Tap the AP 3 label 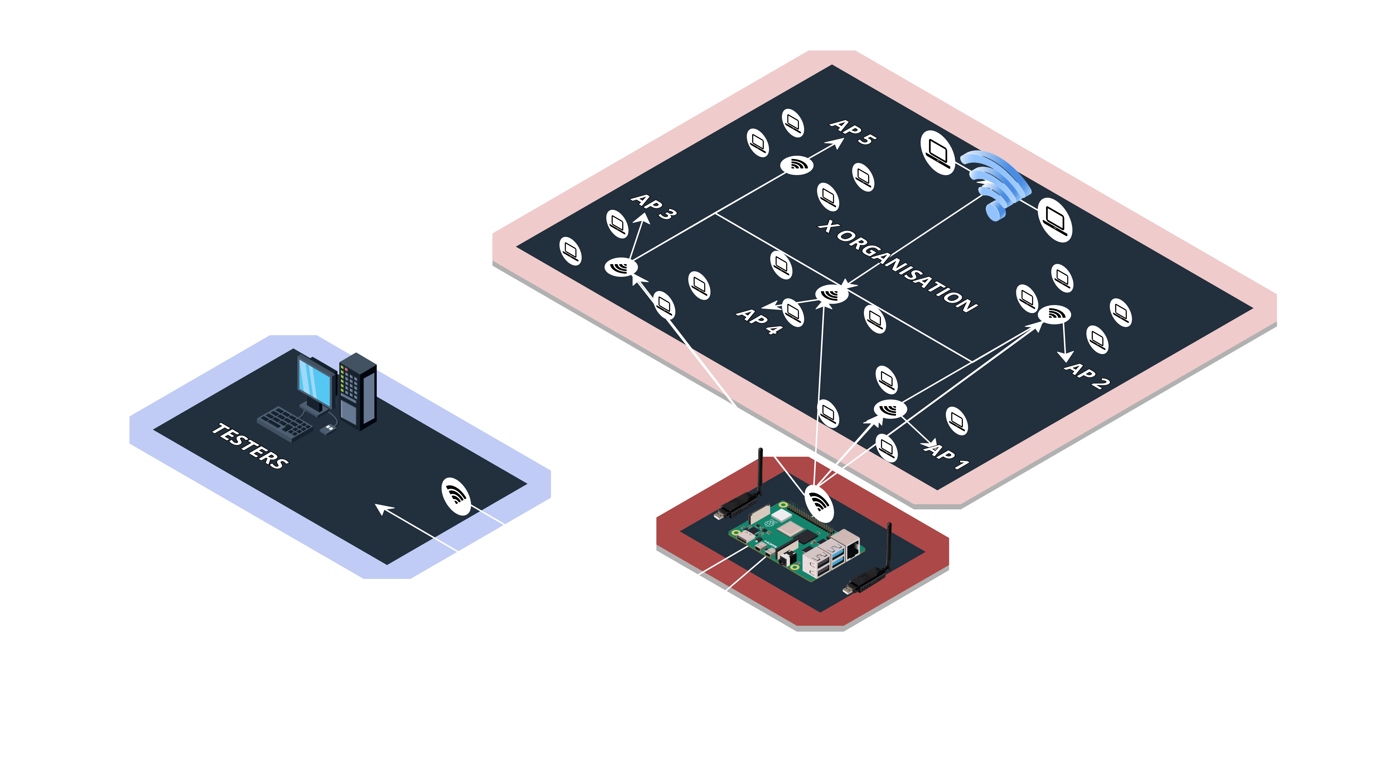click(x=654, y=206)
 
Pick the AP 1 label click(x=948, y=456)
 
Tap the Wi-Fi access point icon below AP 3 click(x=621, y=266)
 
